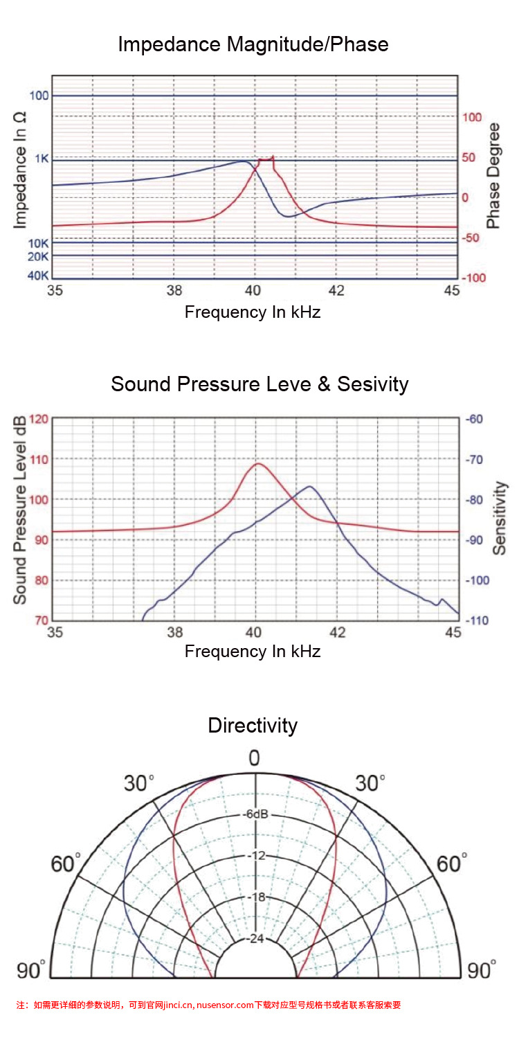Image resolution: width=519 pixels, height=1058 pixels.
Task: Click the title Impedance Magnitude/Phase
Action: pyautogui.click(x=253, y=44)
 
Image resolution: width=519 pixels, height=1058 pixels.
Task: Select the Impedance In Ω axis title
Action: pyautogui.click(x=21, y=169)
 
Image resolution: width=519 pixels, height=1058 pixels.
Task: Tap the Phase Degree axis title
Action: pyautogui.click(x=493, y=176)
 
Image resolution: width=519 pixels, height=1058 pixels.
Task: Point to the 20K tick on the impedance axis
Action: pyautogui.click(x=38, y=257)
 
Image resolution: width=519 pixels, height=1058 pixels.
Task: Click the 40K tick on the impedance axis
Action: pyautogui.click(x=38, y=276)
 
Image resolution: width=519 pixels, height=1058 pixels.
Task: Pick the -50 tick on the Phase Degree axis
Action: pyautogui.click(x=470, y=238)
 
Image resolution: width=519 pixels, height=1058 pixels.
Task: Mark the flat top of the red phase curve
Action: pyautogui.click(x=266, y=159)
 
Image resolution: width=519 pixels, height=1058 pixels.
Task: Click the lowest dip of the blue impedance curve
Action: pyautogui.click(x=288, y=217)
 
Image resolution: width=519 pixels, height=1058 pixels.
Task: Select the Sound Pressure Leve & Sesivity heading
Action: pyautogui.click(x=259, y=384)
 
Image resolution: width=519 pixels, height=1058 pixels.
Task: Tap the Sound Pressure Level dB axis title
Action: pyautogui.click(x=21, y=510)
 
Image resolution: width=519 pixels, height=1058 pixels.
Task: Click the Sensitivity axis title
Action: pyautogui.click(x=500, y=518)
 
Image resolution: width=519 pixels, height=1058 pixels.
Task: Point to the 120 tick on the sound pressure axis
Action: pyautogui.click(x=39, y=419)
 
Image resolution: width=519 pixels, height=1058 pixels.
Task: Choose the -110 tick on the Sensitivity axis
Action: pyautogui.click(x=477, y=620)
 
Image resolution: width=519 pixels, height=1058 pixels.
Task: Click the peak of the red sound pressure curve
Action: pyautogui.click(x=258, y=463)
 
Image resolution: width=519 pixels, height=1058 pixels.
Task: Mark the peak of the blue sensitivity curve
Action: pyautogui.click(x=309, y=486)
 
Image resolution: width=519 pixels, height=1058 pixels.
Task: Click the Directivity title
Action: pyautogui.click(x=253, y=725)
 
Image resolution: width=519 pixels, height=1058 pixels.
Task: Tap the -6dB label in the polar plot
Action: pyautogui.click(x=255, y=814)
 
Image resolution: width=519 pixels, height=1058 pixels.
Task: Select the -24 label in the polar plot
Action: pyautogui.click(x=256, y=940)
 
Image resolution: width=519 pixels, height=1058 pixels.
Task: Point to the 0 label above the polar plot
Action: pyautogui.click(x=254, y=758)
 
